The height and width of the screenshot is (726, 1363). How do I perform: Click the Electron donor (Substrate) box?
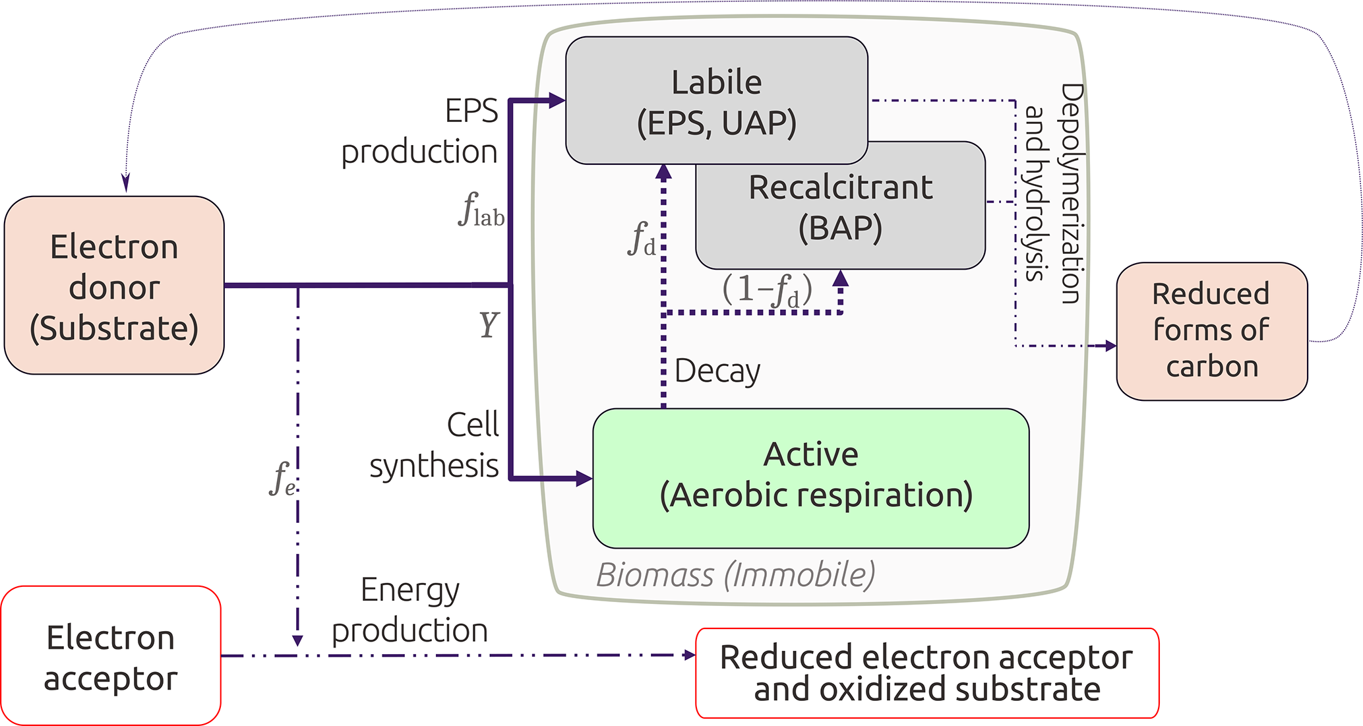pyautogui.click(x=114, y=286)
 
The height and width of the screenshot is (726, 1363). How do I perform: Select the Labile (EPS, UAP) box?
pyautogui.click(x=716, y=100)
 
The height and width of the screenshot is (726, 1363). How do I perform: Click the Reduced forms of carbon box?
pyautogui.click(x=1211, y=331)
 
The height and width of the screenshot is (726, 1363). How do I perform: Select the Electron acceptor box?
pyautogui.click(x=111, y=656)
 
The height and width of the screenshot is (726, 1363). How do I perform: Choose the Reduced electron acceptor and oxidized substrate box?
pyautogui.click(x=926, y=673)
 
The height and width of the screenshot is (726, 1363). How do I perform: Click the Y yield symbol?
pyautogui.click(x=489, y=324)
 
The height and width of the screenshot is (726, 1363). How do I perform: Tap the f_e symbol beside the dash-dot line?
pyautogui.click(x=282, y=478)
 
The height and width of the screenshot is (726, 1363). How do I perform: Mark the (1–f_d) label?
pyautogui.click(x=767, y=290)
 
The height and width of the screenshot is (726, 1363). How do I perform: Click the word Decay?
pyautogui.click(x=717, y=371)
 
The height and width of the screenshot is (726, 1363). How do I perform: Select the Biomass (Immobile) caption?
pyautogui.click(x=735, y=574)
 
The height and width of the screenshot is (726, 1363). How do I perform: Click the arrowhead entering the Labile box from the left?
pyautogui.click(x=557, y=100)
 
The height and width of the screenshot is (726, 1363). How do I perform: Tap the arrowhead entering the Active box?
pyautogui.click(x=584, y=478)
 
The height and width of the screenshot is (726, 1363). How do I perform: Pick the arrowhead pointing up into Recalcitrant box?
pyautogui.click(x=840, y=278)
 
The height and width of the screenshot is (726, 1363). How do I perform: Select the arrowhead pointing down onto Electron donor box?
pyautogui.click(x=126, y=183)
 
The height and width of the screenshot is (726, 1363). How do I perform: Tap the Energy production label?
pyautogui.click(x=409, y=610)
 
